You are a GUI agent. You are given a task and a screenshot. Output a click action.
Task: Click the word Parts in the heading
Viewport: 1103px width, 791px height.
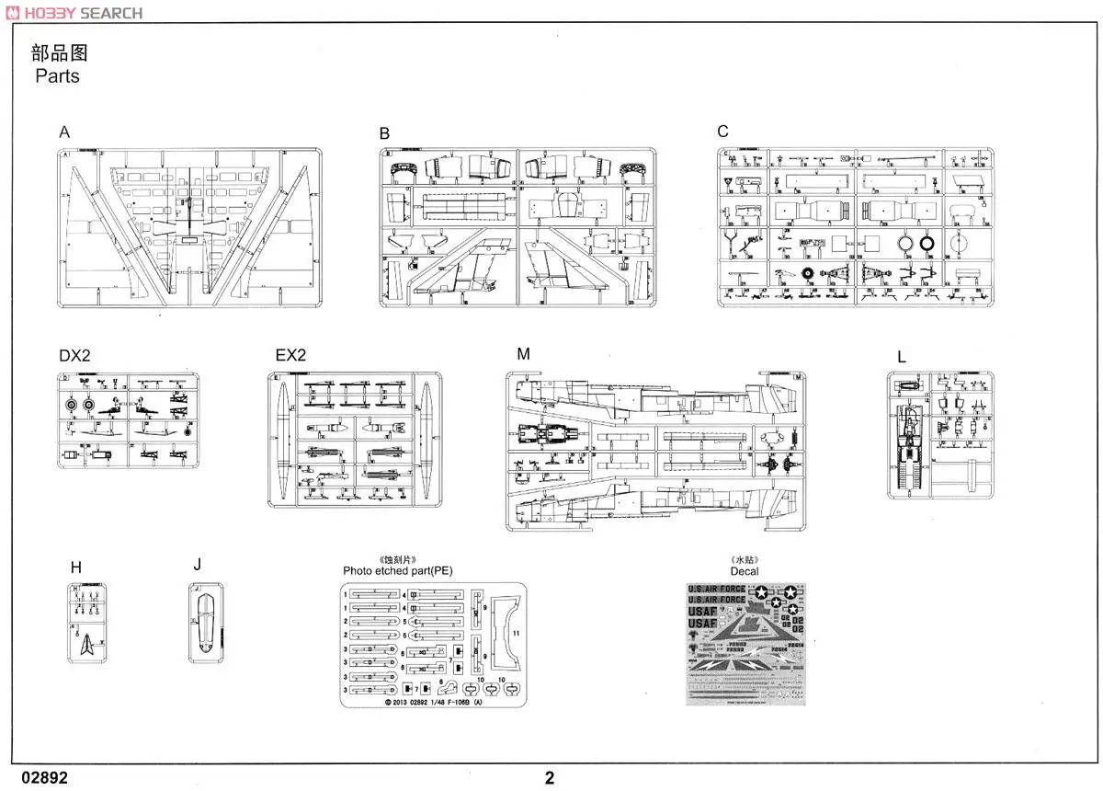[x=57, y=76]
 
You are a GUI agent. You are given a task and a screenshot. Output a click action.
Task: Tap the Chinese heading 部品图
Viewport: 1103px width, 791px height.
[x=59, y=52]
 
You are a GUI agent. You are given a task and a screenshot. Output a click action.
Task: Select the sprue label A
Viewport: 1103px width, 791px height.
[x=64, y=132]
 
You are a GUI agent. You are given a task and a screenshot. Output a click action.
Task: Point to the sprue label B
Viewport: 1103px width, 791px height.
[x=384, y=134]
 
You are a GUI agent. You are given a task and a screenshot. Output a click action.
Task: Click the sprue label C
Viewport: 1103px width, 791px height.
[x=722, y=132]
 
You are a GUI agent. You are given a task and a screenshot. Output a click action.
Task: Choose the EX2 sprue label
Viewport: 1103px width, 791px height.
[x=290, y=356]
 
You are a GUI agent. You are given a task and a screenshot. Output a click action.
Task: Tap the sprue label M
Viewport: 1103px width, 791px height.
[x=523, y=355]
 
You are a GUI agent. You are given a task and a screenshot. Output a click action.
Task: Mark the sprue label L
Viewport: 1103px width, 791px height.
[x=902, y=357]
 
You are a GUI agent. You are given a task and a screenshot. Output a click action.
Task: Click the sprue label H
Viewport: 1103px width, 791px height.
[x=76, y=568]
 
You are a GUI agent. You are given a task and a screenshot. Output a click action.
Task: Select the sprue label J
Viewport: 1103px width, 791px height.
[x=197, y=565]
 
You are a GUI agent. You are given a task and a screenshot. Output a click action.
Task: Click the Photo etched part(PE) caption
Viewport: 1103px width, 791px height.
[x=398, y=571]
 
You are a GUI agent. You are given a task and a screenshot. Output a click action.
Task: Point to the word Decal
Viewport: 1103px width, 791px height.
[x=745, y=571]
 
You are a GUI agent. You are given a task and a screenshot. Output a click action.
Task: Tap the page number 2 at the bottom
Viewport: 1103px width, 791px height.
[x=550, y=778]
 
